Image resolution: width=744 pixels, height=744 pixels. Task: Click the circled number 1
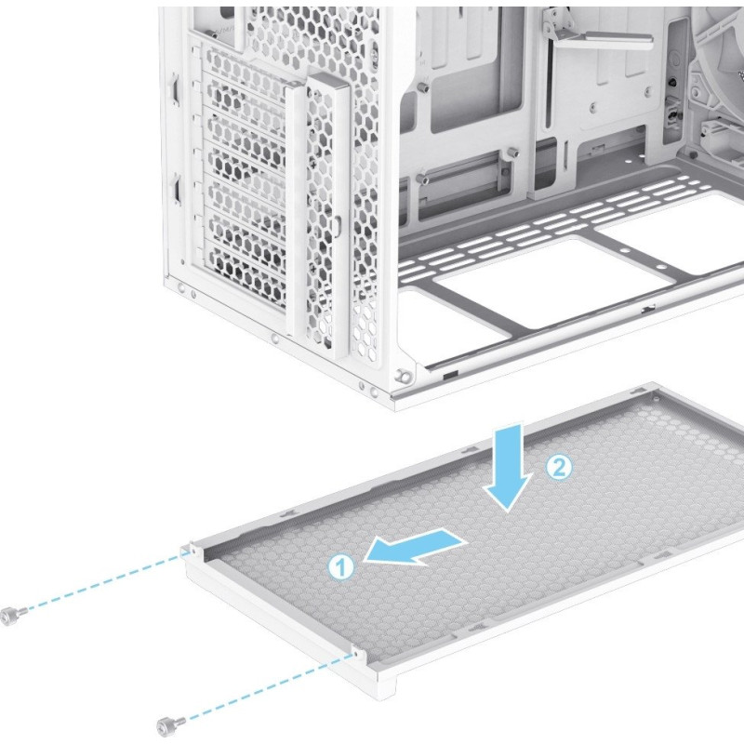point(341,566)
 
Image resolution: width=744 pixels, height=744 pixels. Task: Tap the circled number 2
point(559,468)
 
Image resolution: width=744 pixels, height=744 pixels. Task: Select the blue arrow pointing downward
point(508,468)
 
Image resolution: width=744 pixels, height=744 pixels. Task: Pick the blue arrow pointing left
point(415,547)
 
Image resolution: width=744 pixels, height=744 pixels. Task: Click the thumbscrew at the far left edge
point(10,616)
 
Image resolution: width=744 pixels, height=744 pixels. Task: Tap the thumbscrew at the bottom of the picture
point(170,725)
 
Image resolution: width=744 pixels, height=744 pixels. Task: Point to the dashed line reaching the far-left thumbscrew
point(101,582)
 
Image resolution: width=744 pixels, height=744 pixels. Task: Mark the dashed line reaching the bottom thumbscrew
point(267,690)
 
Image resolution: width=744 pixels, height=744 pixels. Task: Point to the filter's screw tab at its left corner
point(193,551)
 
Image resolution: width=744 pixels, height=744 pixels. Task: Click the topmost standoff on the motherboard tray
point(422,87)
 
